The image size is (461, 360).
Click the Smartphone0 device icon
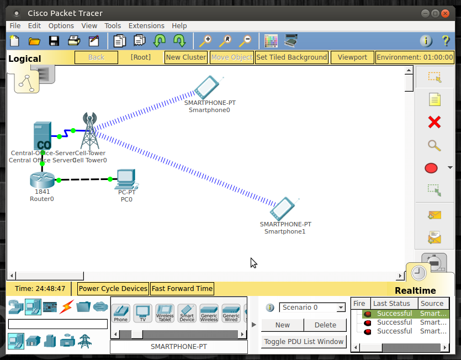tap(207, 87)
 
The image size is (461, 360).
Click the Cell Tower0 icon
tap(89, 130)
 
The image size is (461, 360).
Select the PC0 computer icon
tap(126, 178)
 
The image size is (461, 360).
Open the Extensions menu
tap(146, 25)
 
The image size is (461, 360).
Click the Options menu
tap(61, 25)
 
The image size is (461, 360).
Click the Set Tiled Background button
tap(292, 57)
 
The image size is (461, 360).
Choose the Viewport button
tap(352, 57)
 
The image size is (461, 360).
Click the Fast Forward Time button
tap(182, 288)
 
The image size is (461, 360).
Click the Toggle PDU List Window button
tap(304, 341)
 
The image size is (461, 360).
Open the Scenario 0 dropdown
tap(312, 308)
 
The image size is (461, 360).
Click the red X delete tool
tap(434, 122)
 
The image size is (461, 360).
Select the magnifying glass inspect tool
tap(434, 145)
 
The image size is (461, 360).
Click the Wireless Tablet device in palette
tap(165, 313)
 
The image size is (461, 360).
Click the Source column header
tap(432, 303)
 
